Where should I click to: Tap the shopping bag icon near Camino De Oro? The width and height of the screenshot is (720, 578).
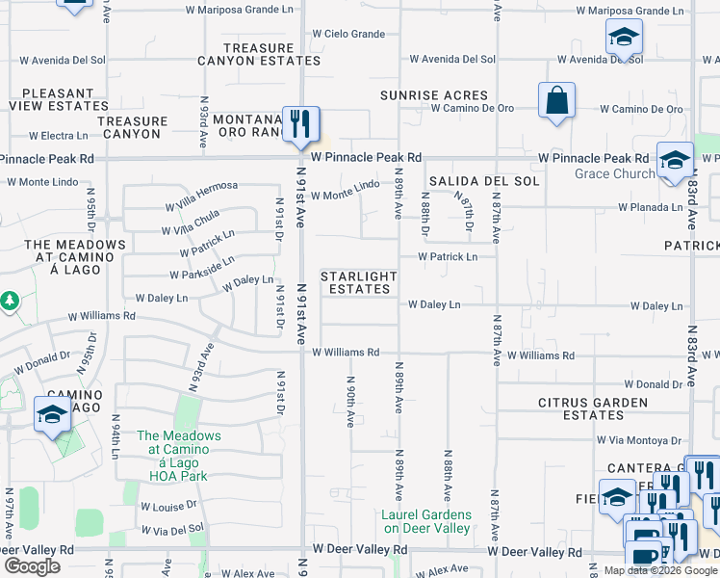(556, 101)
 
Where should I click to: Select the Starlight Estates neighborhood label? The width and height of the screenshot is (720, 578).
(358, 282)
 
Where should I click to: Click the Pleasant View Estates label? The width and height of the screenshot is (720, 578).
(53, 100)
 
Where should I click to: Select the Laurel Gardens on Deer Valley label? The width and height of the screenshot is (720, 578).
(426, 521)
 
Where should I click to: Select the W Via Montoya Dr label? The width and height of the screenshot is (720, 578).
(637, 440)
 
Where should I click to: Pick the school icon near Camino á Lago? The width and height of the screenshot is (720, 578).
(52, 415)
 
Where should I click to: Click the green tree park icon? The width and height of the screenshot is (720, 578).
(10, 302)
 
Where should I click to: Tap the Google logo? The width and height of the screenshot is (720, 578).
(32, 566)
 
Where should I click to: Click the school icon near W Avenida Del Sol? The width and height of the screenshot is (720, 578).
(624, 39)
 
